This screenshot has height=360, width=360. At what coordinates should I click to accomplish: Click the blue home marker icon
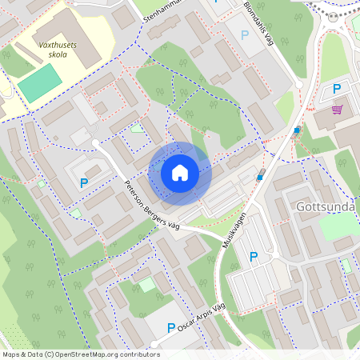180,172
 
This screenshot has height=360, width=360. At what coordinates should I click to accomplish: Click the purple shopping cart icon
337,110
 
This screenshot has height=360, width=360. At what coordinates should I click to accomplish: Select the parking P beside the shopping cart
337,89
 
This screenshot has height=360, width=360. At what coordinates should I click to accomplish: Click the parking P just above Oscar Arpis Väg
170,327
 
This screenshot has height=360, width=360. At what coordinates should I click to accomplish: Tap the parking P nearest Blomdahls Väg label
245,35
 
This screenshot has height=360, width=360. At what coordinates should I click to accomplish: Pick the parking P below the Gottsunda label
254,257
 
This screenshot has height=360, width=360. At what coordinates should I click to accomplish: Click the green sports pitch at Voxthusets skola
40,83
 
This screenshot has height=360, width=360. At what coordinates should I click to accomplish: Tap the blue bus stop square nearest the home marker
259,178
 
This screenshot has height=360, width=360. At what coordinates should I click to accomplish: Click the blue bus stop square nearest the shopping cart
297,130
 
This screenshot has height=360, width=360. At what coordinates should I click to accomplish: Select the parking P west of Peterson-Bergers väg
84,183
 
